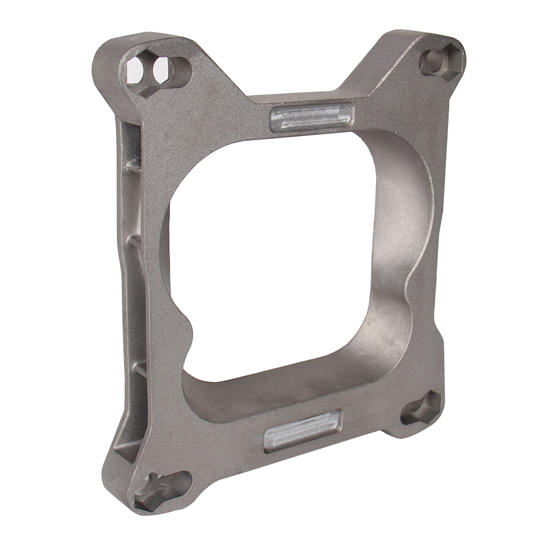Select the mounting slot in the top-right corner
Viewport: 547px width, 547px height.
coord(440,61)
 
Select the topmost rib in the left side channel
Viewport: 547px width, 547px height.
coord(133,164)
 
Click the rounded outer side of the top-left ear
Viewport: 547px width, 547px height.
coord(104,66)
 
